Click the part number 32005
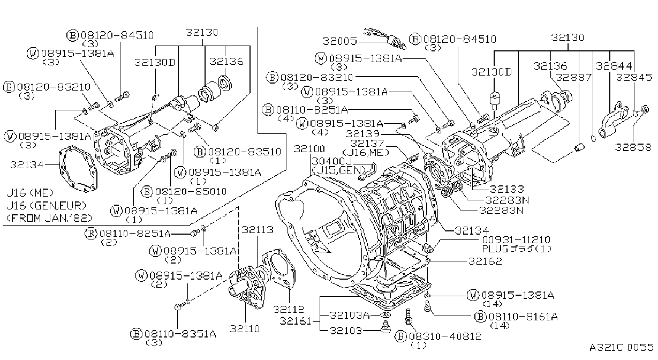(x=339, y=41)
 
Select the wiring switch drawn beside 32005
(x=385, y=38)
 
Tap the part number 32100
(x=309, y=149)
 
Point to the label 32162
(x=485, y=261)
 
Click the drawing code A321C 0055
(x=621, y=347)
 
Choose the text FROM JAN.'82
(x=49, y=217)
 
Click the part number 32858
(x=633, y=147)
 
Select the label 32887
(x=573, y=77)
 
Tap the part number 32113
(x=258, y=229)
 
